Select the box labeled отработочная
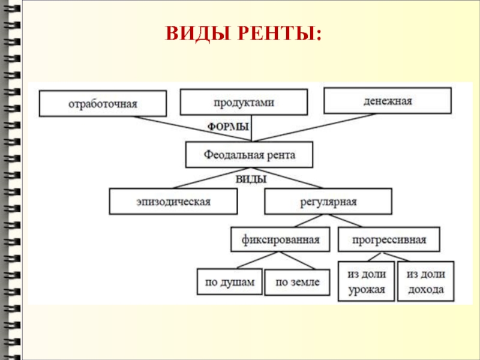(103, 103)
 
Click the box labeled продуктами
(244, 102)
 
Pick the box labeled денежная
(387, 100)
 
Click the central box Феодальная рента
(249, 155)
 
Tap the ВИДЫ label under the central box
(250, 179)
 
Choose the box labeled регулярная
(328, 202)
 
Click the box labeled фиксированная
(280, 239)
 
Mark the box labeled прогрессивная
(389, 239)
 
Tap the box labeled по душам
(230, 281)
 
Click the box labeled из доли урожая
(366, 281)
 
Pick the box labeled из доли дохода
(426, 281)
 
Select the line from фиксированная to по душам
(255, 260)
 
